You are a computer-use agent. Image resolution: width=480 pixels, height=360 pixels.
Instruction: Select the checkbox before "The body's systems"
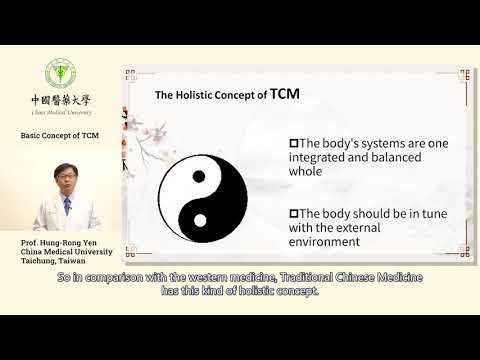point(293,142)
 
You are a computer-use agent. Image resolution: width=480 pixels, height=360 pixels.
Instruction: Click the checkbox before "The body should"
point(293,212)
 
